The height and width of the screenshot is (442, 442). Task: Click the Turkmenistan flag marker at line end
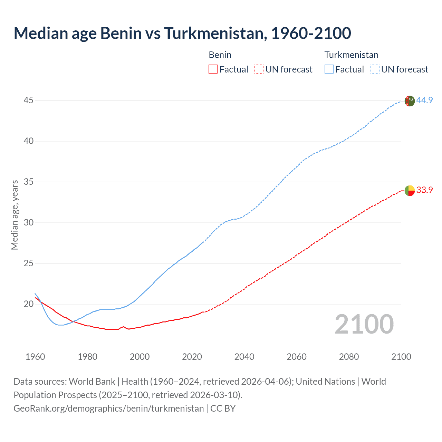tap(410, 101)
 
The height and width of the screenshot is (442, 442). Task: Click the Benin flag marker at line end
tap(410, 190)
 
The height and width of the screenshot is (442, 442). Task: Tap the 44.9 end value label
tap(424, 100)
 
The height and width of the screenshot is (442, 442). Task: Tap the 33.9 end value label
tap(424, 190)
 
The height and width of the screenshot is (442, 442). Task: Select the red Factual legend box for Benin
tap(213, 69)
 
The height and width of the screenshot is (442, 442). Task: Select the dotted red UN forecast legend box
tap(259, 69)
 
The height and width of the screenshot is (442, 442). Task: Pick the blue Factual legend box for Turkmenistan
tap(329, 69)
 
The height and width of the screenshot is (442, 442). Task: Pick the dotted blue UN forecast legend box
tap(375, 69)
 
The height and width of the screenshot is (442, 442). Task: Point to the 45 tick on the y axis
tap(29, 100)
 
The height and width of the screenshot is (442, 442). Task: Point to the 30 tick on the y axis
tap(29, 223)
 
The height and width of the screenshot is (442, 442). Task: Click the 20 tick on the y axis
tap(29, 304)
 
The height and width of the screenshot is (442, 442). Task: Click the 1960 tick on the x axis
tap(35, 357)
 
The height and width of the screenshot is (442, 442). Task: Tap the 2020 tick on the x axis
tap(192, 357)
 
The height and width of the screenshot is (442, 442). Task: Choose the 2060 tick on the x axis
tap(297, 357)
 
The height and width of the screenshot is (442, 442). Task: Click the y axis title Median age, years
tap(15, 215)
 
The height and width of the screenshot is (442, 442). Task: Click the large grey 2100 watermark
tap(364, 324)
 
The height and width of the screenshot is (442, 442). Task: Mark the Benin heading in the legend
tap(220, 55)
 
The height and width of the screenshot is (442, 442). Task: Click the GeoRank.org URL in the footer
tap(108, 409)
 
